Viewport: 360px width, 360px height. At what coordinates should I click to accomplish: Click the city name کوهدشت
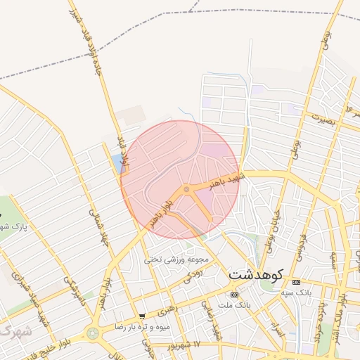255,273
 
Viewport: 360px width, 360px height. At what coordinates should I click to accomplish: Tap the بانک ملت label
233,305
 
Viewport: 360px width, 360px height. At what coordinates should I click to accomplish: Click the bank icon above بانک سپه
295,282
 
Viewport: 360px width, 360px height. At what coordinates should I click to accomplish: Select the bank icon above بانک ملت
233,295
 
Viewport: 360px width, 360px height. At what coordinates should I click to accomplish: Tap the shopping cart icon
142,316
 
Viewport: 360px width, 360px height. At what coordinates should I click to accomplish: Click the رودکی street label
193,277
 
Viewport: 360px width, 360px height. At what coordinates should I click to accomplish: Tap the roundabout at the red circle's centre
186,188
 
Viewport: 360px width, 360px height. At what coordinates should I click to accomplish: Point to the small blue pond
116,164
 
